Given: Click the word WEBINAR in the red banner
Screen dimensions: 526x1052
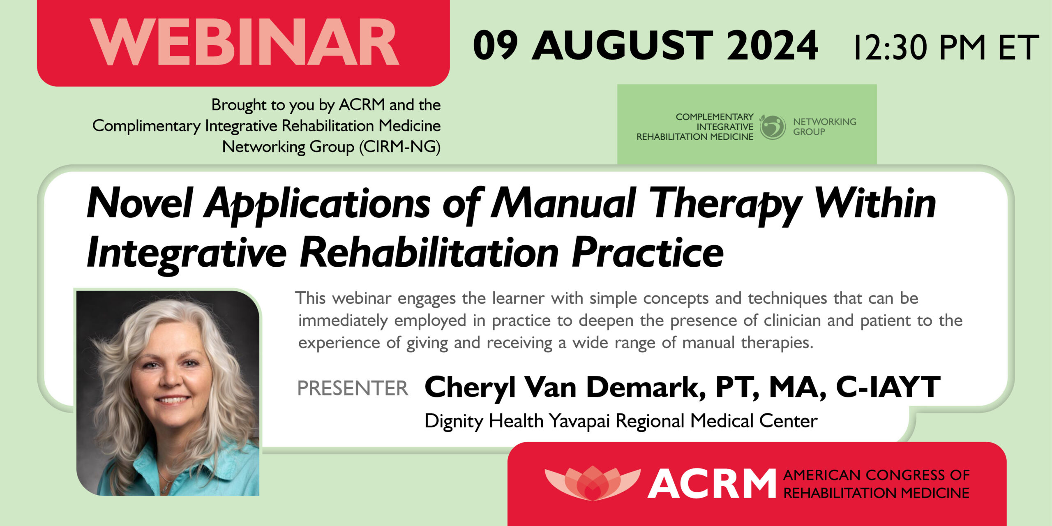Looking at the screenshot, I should pos(244,43).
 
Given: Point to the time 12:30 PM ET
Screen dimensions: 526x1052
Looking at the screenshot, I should pos(946,48).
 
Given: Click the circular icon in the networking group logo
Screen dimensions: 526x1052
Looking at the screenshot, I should pos(772,127).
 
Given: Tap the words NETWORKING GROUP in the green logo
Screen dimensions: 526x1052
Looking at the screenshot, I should pos(824,127).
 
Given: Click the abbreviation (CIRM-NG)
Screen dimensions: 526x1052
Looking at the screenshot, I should pos(399,147).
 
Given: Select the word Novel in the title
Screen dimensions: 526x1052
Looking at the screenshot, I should pos(139,203).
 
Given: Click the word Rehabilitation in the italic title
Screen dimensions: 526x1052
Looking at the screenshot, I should pos(429,253).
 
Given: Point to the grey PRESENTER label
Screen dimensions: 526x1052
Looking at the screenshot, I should pos(353,388).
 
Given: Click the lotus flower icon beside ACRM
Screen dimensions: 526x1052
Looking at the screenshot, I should pos(592,483).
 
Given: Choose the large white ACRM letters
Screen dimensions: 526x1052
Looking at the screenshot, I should pos(711,484).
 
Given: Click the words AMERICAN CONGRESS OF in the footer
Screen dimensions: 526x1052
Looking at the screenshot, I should pos(876,475).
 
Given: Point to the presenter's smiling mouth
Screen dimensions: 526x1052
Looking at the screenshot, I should pos(173,399).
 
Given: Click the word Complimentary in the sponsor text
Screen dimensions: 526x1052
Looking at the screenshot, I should pos(146,126).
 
